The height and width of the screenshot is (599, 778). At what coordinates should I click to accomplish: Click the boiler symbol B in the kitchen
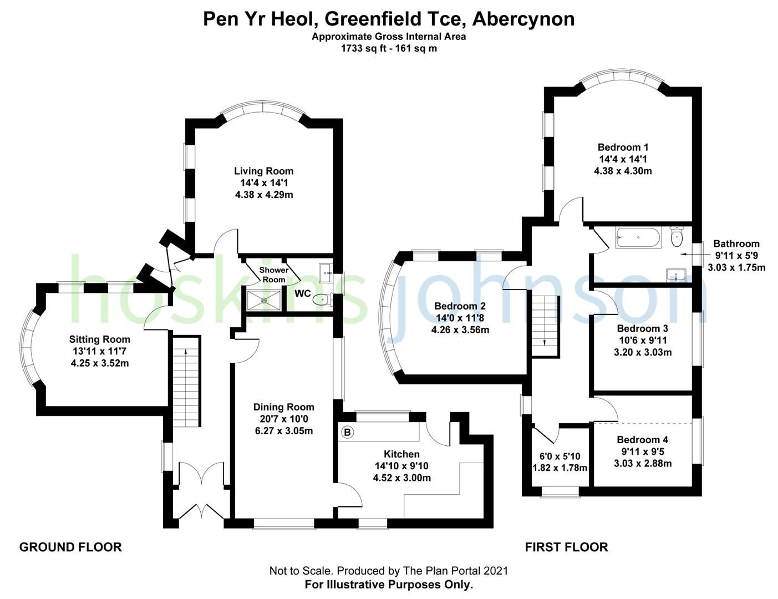[x=348, y=432]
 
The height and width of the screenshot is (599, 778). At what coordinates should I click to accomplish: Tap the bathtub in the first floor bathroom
[x=638, y=238]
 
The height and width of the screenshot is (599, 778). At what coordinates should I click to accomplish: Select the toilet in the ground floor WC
[x=322, y=299]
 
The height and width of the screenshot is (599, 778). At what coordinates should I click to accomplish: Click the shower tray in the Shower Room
[x=264, y=300]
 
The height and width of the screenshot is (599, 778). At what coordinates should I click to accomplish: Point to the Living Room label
[x=263, y=171]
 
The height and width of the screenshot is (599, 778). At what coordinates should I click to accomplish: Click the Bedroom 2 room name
[x=460, y=306]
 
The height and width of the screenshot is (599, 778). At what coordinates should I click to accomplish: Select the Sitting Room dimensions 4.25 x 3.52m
[x=100, y=363]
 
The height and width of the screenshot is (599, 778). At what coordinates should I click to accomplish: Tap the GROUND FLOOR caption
[x=70, y=547]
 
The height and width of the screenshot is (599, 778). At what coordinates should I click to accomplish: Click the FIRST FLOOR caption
[x=566, y=547]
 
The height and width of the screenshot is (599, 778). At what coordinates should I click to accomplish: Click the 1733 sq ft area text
[x=389, y=48]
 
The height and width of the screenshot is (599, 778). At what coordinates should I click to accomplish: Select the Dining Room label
[x=284, y=407]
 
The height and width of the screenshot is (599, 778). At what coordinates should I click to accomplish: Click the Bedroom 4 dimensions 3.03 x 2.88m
[x=643, y=463]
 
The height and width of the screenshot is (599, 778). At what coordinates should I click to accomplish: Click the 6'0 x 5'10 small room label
[x=560, y=456]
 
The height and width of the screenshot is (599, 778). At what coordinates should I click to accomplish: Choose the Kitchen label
[x=401, y=454]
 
